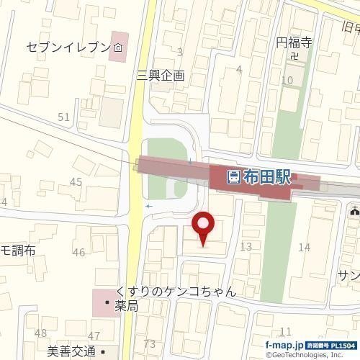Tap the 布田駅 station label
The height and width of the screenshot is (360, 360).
268,176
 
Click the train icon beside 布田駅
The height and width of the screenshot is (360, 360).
234,176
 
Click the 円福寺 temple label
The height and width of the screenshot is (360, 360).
292,43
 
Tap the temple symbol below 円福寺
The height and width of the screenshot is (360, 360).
294,55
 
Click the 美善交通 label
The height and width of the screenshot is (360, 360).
71,351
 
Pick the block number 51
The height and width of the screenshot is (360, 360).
64,117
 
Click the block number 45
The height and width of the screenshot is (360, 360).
76,181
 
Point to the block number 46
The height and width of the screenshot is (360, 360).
78,252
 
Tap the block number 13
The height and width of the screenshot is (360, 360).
246,247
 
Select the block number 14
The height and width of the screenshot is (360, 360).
304,247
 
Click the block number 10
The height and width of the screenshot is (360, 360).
287,80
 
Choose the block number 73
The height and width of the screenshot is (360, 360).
150,343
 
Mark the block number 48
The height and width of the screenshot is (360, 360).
40,333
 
